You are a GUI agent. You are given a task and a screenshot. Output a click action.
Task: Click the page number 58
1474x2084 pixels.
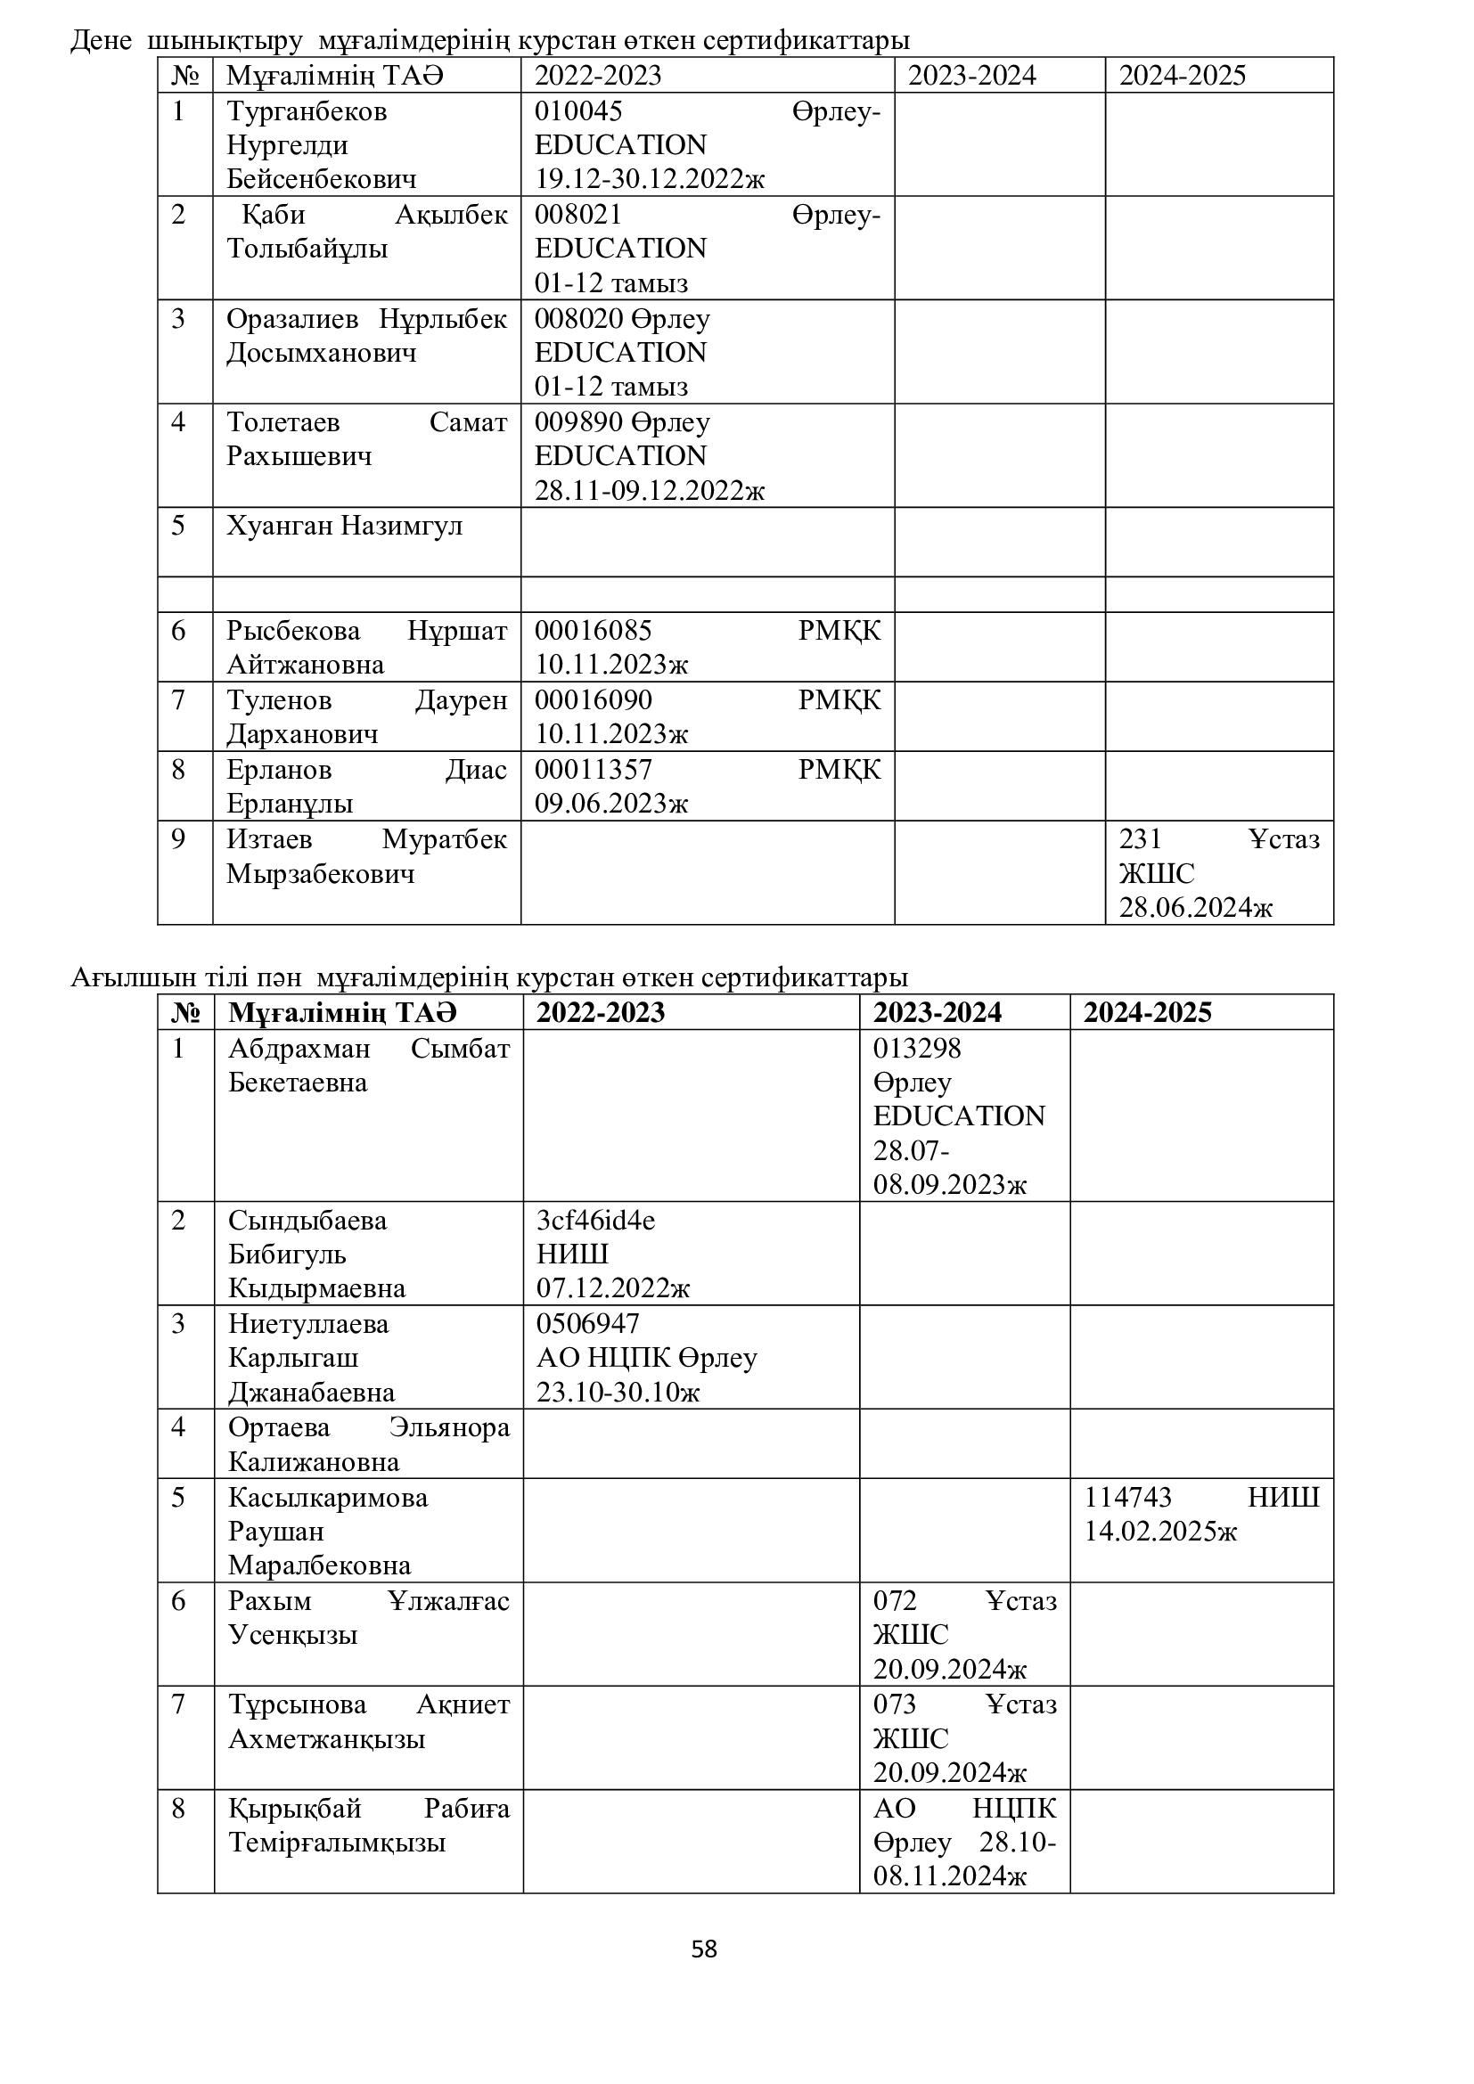point(703,1949)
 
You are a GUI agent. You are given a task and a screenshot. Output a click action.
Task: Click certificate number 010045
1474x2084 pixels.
point(578,111)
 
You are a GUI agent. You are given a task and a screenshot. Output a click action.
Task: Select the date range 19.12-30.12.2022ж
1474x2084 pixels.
point(649,179)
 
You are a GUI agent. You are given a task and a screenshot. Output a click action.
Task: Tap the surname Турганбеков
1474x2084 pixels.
point(307,111)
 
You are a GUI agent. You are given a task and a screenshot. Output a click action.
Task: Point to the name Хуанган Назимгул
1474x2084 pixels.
point(344,526)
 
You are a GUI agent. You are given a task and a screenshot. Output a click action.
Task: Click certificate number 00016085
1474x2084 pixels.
point(593,630)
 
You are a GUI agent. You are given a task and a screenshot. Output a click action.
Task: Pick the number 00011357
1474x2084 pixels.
point(593,770)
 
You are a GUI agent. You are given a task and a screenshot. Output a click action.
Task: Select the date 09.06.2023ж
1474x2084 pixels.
point(610,804)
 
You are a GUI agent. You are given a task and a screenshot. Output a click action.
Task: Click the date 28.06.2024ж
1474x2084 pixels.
point(1195,907)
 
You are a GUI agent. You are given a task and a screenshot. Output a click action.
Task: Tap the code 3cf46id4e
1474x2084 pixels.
point(595,1220)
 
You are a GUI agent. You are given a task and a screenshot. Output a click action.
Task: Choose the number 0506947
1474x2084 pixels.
point(587,1323)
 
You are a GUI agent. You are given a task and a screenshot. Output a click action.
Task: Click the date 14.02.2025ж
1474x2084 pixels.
point(1160,1532)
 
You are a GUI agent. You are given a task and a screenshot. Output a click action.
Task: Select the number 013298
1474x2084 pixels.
point(917,1049)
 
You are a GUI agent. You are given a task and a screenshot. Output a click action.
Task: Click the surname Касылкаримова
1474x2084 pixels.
point(328,1497)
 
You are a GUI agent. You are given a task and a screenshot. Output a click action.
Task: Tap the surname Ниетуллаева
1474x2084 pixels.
point(307,1323)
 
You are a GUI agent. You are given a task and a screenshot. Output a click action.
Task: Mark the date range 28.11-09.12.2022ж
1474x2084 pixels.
point(649,491)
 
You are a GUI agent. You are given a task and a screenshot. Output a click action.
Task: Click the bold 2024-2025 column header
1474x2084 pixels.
point(1147,1012)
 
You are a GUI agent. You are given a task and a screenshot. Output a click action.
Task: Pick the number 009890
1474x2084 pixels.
point(578,422)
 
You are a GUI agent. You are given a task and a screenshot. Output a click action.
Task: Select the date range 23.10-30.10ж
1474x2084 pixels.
point(618,1392)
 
